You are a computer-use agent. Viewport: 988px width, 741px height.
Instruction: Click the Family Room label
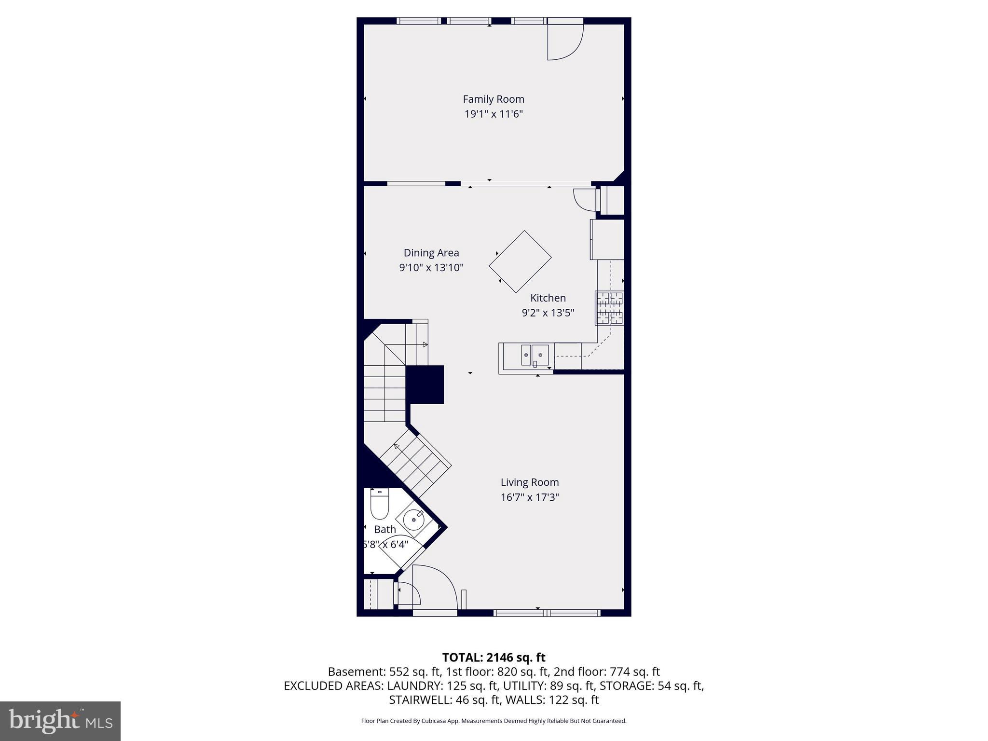[493, 99]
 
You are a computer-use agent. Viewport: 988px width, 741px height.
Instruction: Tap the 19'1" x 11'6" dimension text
[493, 114]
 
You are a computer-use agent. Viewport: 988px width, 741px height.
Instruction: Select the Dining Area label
[431, 253]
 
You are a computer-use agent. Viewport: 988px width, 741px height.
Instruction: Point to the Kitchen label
[548, 298]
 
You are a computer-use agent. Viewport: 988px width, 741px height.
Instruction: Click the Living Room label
[529, 482]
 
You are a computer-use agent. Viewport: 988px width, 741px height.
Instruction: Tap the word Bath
[384, 529]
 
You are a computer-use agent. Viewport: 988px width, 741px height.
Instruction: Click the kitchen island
[520, 261]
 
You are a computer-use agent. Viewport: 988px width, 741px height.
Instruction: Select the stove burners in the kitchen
[609, 308]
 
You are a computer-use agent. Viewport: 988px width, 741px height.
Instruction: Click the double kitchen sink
[535, 355]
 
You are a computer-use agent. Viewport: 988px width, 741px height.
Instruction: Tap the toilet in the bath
[379, 504]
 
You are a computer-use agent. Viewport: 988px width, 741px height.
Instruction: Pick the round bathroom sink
[413, 521]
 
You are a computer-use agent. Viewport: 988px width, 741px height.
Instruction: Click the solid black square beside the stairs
[425, 384]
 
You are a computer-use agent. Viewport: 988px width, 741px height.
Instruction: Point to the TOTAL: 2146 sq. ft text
[493, 657]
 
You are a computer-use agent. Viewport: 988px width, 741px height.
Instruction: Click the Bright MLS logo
[60, 721]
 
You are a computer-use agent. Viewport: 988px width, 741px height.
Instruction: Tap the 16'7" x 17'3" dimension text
[529, 497]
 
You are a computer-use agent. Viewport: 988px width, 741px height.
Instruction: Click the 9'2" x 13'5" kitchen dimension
[548, 313]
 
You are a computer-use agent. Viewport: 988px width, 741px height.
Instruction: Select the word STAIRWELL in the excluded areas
[418, 700]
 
